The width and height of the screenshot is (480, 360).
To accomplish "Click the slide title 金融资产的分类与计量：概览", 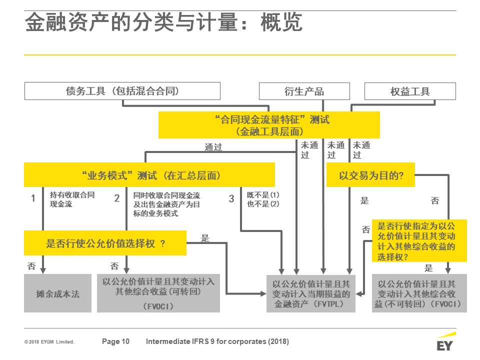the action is [x=164, y=22].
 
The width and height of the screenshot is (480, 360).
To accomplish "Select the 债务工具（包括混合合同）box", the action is [x=122, y=91].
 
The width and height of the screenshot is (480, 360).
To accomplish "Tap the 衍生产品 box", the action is [x=304, y=91].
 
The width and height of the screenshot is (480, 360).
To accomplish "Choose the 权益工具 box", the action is [x=410, y=91].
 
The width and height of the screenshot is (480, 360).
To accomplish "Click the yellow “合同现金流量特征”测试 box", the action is [x=269, y=125].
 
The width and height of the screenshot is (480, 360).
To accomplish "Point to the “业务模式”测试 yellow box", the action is [x=149, y=175].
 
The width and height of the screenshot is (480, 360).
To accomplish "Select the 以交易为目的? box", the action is [x=370, y=175].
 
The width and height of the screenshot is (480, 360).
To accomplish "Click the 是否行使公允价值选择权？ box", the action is [x=105, y=243].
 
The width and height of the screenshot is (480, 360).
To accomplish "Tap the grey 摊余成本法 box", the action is [x=58, y=293].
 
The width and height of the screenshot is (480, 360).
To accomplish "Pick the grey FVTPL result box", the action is [x=311, y=293].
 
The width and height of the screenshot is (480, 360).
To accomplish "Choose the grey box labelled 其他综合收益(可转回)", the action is [x=158, y=293].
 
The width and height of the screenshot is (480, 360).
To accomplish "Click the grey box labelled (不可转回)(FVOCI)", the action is [x=419, y=293].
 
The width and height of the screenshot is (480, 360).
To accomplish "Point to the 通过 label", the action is [x=213, y=147].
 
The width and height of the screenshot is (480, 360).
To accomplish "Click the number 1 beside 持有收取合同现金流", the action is [x=33, y=198].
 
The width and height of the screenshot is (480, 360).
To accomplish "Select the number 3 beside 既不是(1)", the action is [x=231, y=198].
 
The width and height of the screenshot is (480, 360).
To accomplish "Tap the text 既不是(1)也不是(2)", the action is [x=263, y=199].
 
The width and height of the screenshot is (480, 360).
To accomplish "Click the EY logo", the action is [x=445, y=341].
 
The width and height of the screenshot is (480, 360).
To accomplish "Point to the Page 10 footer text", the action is [x=115, y=341].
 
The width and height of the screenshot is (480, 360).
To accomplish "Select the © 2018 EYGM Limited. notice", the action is [x=49, y=342].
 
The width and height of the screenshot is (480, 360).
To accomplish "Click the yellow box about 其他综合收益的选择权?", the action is [x=419, y=240].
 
